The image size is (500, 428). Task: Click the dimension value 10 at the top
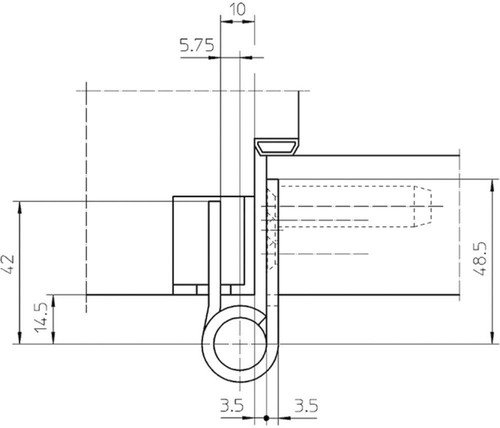click(x=238, y=10)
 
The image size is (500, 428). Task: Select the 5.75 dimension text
click(x=197, y=45)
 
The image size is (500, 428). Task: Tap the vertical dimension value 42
click(x=8, y=264)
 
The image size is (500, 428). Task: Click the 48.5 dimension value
click(x=480, y=259)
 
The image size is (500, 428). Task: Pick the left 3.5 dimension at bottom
click(x=232, y=406)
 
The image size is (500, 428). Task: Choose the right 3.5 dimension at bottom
click(x=307, y=406)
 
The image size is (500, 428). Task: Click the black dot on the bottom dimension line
click(x=266, y=417)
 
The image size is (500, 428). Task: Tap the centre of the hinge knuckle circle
click(x=240, y=344)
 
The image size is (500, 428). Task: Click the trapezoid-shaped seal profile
click(x=277, y=147)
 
